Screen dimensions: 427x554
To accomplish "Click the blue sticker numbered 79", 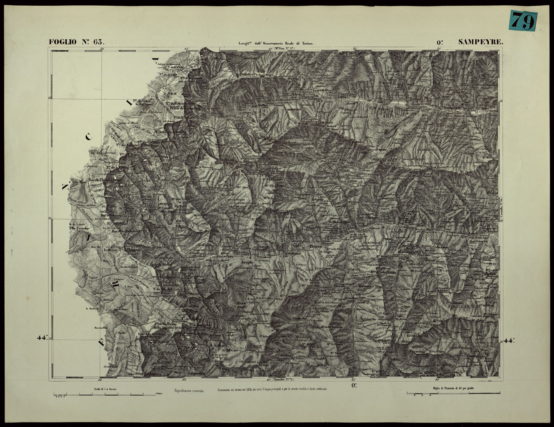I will coord(523,20).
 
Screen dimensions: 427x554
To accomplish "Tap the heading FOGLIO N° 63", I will coord(77,42).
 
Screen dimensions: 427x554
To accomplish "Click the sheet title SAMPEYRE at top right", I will coord(481,42).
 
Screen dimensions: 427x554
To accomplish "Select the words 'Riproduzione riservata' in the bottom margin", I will coord(189,391).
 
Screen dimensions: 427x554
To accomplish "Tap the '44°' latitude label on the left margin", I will coord(42,338).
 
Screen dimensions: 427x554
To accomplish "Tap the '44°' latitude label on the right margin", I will coord(509,340).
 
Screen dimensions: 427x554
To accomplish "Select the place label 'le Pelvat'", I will coord(169,93).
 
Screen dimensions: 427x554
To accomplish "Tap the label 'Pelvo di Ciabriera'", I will coord(185,109).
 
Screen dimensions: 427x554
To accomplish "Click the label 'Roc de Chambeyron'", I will coord(105,180).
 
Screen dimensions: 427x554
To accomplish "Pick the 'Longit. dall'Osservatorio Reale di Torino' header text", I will coord(276,43).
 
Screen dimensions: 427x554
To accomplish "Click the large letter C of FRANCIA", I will coord(89,137).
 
